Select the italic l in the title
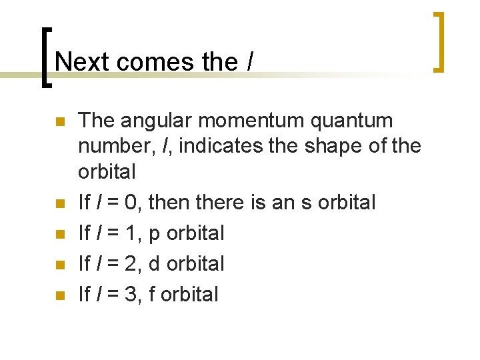(249, 61)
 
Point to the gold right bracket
(439, 41)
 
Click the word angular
(159, 121)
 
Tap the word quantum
(360, 121)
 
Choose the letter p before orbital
(155, 233)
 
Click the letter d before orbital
(155, 263)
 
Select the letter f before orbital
(153, 294)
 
